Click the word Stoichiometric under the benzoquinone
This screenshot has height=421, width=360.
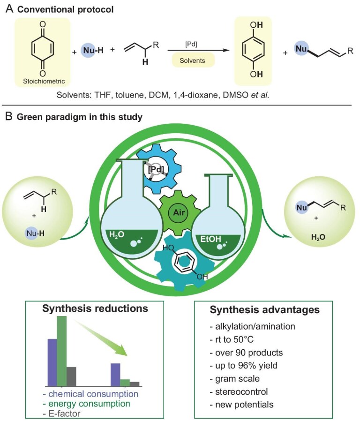(44, 81)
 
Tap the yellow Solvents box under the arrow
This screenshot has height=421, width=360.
(193, 60)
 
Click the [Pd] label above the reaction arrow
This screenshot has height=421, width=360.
(191, 44)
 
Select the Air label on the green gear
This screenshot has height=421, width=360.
(179, 213)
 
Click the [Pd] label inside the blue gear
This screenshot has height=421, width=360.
(156, 169)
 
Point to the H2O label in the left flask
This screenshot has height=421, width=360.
(117, 235)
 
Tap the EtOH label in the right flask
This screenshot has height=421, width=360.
(211, 239)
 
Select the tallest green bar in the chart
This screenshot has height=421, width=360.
(61, 351)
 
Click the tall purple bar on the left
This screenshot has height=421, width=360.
(52, 362)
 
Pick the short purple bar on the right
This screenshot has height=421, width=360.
(116, 375)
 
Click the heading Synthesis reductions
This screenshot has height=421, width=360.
(95, 308)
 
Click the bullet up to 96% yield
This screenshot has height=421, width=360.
(243, 365)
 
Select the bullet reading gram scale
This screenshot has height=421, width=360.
(235, 379)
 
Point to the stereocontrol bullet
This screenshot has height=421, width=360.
(239, 391)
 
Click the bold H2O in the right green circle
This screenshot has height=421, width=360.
(318, 237)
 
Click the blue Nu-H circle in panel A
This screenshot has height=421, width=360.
(88, 50)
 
